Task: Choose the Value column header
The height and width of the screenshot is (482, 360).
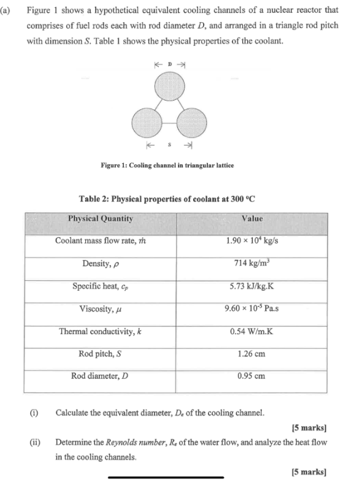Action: [252, 218]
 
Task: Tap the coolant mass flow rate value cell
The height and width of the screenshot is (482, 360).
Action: [252, 241]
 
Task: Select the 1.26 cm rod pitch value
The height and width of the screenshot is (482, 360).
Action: [252, 354]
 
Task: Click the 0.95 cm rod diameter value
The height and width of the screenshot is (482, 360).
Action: [252, 376]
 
